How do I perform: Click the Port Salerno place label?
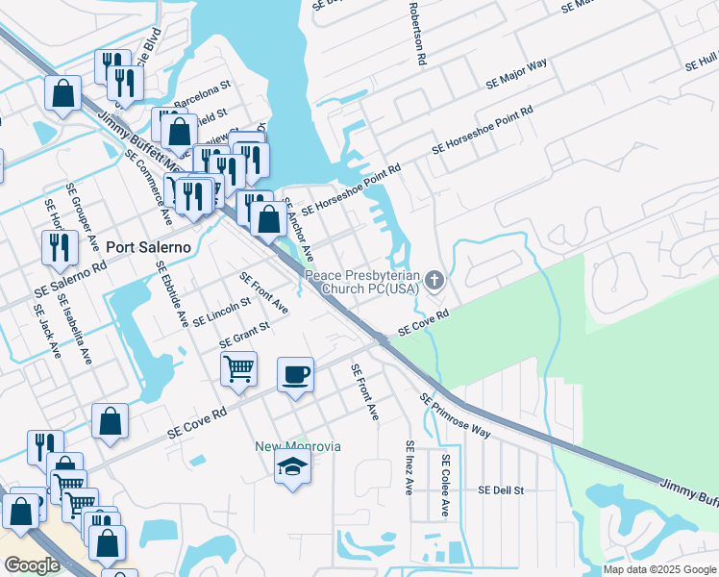point(149,246)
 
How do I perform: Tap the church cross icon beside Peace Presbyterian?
point(434,281)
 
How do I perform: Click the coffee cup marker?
point(296,373)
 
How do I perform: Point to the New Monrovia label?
point(297,446)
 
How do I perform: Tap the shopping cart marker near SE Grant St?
point(238,368)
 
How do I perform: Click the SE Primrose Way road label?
point(455,415)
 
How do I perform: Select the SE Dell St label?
point(500,489)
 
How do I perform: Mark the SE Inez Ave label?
point(409,467)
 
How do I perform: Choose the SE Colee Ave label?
point(444,486)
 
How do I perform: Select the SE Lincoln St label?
point(221,311)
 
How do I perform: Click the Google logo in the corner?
point(32,564)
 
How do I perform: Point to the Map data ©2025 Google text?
point(660,569)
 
